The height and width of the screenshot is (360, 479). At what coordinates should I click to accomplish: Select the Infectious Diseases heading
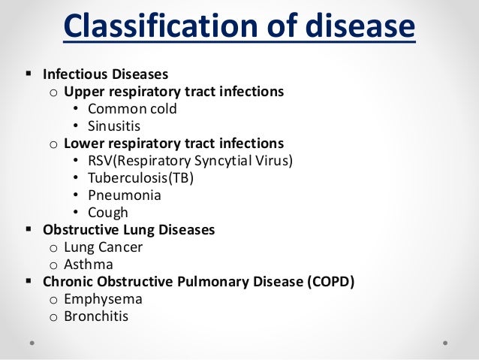105,74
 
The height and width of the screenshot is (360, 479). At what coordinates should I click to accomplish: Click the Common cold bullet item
133,108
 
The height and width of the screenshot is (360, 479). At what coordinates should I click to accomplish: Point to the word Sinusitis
114,126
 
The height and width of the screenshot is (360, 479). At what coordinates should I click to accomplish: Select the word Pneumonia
125,195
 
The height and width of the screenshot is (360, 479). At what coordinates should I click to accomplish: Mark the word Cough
108,213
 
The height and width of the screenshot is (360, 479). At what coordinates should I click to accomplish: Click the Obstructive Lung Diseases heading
128,229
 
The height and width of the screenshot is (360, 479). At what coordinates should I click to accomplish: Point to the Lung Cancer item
103,247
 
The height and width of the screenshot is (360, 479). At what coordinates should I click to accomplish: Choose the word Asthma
89,264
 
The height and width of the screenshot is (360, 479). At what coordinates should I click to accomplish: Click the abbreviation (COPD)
328,282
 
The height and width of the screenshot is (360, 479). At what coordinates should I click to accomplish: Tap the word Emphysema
102,298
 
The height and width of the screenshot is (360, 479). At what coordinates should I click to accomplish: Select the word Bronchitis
96,316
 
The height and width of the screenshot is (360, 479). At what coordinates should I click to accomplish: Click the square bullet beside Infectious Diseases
28,74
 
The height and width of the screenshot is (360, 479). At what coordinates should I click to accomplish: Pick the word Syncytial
225,160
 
